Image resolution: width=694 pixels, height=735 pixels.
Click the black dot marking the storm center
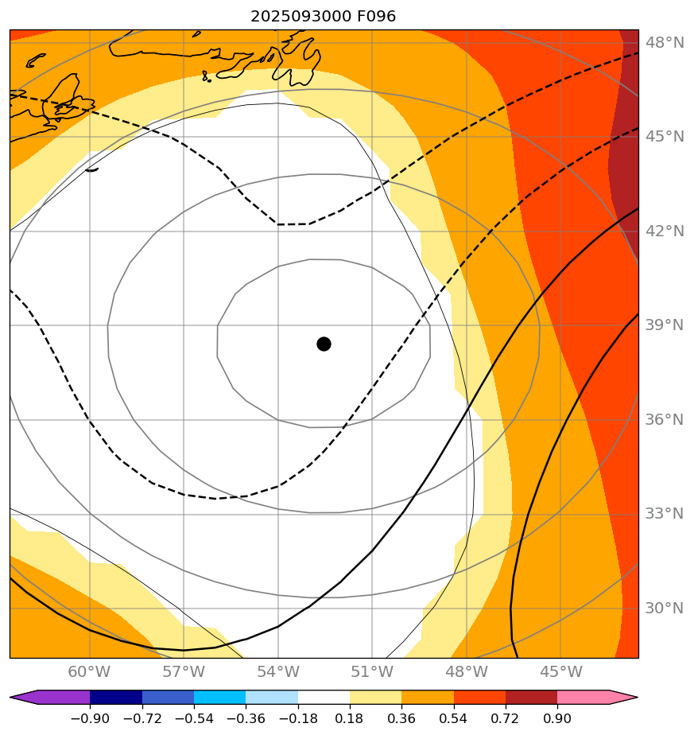[324, 344]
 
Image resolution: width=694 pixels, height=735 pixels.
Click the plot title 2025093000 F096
[323, 16]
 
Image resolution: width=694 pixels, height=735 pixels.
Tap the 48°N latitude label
[664, 42]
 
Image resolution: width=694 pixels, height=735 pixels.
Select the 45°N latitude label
[664, 136]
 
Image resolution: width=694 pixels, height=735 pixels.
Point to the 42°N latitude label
[664, 231]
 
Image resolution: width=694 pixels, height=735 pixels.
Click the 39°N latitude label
[664, 325]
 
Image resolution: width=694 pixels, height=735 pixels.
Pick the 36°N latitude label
[664, 419]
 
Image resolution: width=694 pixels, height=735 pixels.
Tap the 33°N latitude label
[664, 514]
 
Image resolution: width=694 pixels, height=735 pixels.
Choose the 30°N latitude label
[664, 608]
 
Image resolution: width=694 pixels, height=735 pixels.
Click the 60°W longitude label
[89, 672]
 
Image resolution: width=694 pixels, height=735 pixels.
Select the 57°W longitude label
[184, 672]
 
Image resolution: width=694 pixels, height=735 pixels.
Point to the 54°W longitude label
[278, 672]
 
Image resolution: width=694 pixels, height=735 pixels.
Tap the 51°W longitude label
[372, 672]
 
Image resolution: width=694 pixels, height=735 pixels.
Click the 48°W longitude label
[467, 672]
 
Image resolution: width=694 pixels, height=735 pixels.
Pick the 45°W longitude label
[560, 672]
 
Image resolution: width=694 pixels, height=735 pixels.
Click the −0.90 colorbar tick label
[89, 719]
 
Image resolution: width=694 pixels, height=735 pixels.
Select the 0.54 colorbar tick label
[453, 719]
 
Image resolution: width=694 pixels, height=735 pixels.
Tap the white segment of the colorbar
[324, 698]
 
